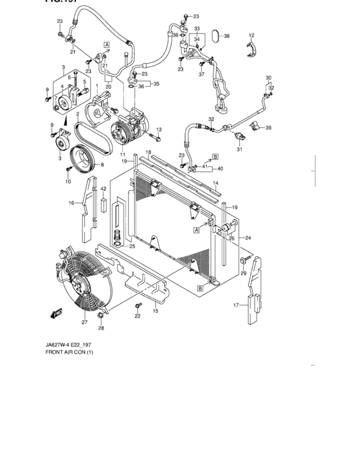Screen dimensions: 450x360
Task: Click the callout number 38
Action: tap(226, 37)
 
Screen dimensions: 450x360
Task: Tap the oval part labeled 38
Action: tap(215, 36)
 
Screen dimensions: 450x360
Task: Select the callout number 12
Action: tap(251, 35)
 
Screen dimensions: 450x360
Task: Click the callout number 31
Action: tap(239, 150)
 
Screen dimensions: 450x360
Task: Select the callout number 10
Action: tap(68, 182)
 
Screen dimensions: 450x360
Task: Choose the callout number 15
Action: tap(154, 311)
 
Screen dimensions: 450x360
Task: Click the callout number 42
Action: tap(103, 188)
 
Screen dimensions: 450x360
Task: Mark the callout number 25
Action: tap(132, 246)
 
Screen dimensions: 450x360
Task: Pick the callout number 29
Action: tap(244, 274)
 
